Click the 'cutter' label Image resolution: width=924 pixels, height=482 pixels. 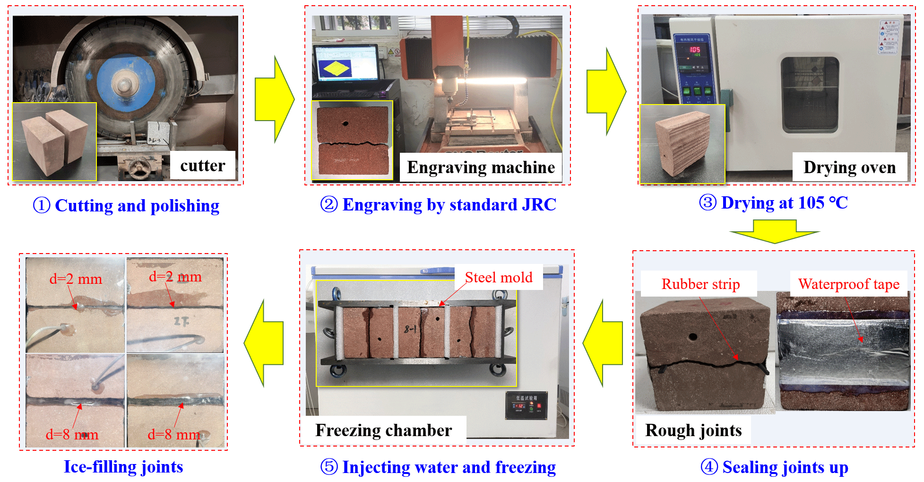tap(202, 166)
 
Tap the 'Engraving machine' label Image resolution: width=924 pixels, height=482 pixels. tap(481, 167)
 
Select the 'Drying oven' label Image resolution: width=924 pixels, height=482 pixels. tap(849, 167)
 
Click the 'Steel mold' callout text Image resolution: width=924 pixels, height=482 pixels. tap(499, 277)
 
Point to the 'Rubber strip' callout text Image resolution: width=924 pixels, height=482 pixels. tap(700, 284)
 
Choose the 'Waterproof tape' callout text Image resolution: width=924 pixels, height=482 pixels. tap(849, 284)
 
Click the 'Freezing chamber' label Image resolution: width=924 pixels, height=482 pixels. tap(383, 430)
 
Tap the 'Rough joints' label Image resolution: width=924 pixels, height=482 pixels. tap(693, 430)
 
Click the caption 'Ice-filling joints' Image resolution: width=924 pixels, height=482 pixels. tap(123, 466)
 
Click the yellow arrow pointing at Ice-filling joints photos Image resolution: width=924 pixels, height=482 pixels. tap(264, 343)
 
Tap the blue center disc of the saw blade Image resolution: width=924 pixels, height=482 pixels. tap(125, 85)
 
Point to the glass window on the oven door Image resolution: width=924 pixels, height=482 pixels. tap(810, 95)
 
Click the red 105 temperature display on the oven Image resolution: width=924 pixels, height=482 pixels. tap(695, 50)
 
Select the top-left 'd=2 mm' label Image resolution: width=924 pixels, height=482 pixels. tap(76, 279)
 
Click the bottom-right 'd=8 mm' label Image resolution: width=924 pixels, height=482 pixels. tap(174, 434)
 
